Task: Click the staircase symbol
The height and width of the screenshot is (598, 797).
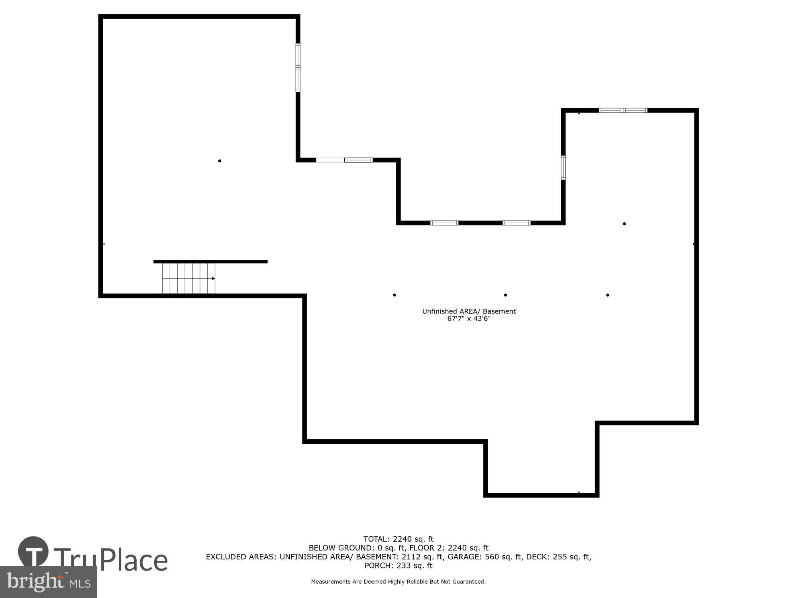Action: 188,278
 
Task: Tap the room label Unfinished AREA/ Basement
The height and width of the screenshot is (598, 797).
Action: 469,311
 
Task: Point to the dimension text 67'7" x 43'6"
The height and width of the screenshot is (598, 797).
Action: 469,319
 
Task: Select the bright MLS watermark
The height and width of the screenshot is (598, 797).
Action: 48,582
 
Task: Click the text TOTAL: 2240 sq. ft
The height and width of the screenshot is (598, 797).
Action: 398,539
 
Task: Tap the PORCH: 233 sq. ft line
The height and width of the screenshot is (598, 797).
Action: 398,566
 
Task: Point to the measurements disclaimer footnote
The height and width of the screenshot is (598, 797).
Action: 398,582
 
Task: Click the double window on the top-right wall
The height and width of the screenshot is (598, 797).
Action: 623,110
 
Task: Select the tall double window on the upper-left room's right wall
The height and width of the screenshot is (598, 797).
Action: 298,68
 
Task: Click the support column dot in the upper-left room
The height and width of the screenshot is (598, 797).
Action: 220,161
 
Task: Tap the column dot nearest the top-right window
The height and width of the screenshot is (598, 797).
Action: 624,224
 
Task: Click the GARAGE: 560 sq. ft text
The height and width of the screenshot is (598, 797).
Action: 485,557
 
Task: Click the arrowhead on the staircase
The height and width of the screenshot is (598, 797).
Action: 213,278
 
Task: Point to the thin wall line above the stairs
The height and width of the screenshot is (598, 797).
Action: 210,262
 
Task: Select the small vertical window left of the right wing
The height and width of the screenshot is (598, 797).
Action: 563,167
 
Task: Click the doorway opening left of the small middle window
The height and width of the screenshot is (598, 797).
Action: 330,160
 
